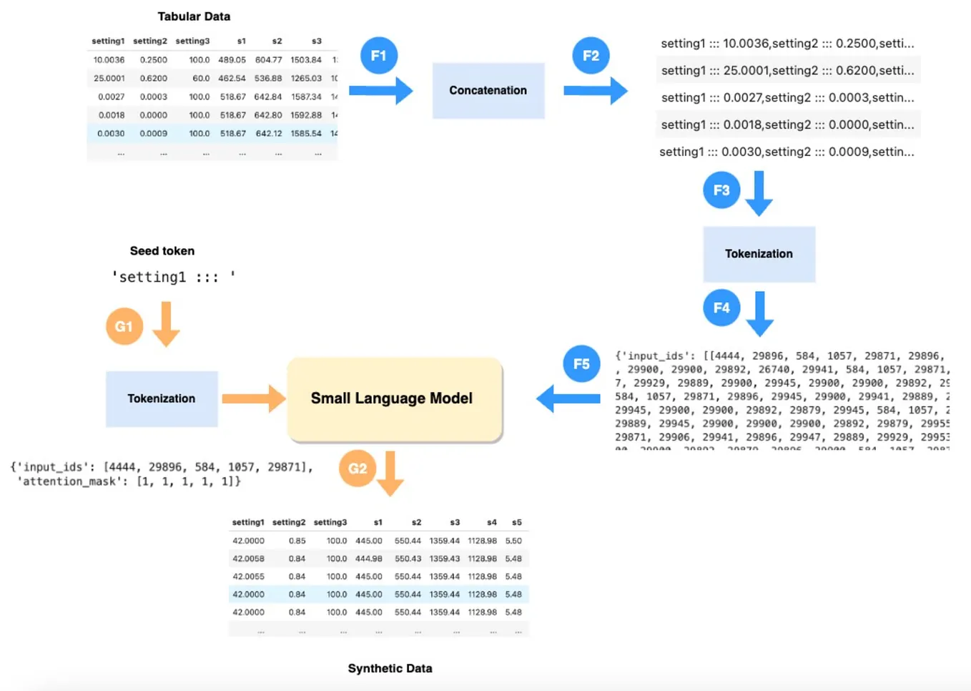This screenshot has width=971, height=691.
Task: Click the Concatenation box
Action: tap(488, 90)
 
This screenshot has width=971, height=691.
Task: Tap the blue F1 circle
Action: tap(378, 56)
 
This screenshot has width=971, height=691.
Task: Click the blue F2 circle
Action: tap(591, 56)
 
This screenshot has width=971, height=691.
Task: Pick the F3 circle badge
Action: tap(721, 190)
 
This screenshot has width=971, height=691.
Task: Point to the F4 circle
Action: tap(721, 308)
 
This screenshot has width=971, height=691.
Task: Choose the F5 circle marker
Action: tap(581, 364)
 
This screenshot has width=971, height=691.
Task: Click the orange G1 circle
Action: tap(124, 327)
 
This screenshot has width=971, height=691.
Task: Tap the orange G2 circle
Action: tap(358, 469)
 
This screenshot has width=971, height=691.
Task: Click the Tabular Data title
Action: tap(194, 16)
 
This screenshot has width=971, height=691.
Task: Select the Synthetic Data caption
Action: tap(390, 668)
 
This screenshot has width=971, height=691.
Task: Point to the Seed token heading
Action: tap(162, 251)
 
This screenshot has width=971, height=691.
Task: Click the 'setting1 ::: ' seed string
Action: tap(173, 277)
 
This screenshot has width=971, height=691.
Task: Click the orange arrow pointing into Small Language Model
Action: tap(252, 398)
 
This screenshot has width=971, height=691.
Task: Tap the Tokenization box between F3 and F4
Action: tap(759, 254)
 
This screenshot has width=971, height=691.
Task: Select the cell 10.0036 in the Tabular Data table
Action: tap(109, 60)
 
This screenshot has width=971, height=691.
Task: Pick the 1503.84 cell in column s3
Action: tap(306, 60)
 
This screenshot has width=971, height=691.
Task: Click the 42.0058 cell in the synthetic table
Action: tap(248, 559)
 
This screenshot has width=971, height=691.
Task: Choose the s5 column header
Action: tap(516, 522)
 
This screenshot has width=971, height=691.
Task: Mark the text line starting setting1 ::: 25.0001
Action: tap(787, 70)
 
